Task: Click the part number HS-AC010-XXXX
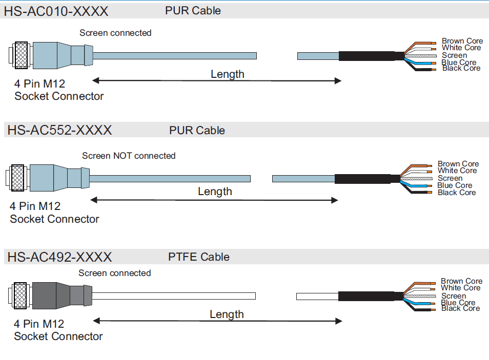(56, 11)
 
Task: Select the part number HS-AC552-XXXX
(59, 130)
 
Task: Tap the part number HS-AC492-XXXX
(59, 257)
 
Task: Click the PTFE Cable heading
(199, 257)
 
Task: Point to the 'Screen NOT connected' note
(129, 156)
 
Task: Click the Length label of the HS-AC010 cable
(227, 74)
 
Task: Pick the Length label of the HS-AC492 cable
(227, 314)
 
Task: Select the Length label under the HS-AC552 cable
(215, 192)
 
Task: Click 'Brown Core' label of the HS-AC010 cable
(462, 41)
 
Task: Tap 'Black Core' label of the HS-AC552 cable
(457, 193)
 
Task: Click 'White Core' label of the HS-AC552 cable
(457, 171)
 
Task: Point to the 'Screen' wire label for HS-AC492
(454, 295)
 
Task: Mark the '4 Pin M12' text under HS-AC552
(35, 206)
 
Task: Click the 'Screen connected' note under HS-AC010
(115, 33)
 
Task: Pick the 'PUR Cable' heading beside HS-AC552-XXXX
(197, 131)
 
